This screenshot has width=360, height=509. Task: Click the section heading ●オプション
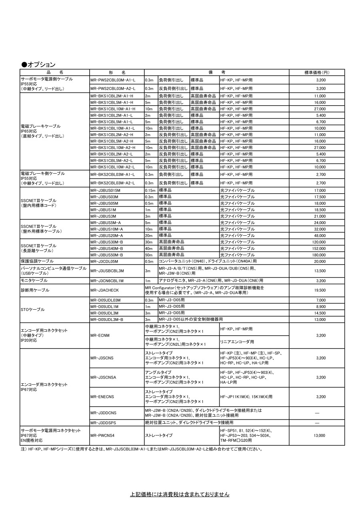38,64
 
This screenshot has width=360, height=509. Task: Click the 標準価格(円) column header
316,72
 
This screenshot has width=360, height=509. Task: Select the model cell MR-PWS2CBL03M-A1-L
113,80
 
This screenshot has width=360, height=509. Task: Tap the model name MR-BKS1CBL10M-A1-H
113,109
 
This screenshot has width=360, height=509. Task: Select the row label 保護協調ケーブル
37,261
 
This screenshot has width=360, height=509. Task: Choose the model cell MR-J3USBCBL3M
107,271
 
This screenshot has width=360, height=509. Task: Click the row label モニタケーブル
34,281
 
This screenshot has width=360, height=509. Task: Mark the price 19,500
319,290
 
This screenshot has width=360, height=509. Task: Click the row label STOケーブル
32,310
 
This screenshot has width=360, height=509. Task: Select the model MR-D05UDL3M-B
107,319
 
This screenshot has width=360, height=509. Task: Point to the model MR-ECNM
100,335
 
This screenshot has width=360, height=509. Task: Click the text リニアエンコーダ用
237,342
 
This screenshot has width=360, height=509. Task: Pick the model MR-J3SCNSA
104,377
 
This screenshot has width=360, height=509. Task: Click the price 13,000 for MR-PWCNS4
319,435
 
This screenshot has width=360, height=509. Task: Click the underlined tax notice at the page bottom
180,495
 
